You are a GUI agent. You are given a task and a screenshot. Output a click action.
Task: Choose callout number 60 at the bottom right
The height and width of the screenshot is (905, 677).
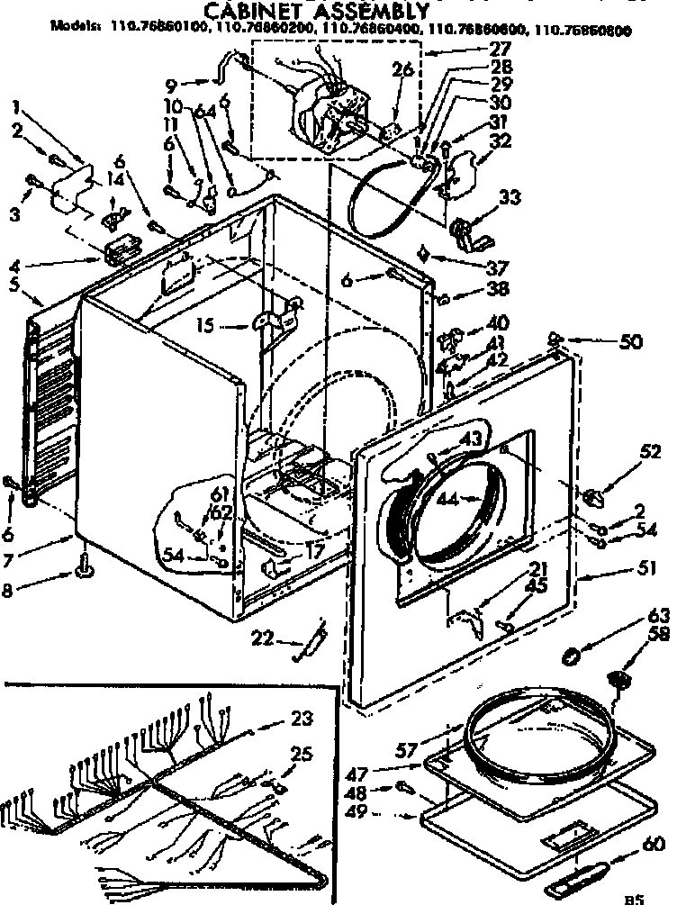(653, 844)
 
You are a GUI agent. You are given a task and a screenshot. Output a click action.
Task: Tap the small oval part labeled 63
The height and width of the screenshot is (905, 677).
(570, 655)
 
